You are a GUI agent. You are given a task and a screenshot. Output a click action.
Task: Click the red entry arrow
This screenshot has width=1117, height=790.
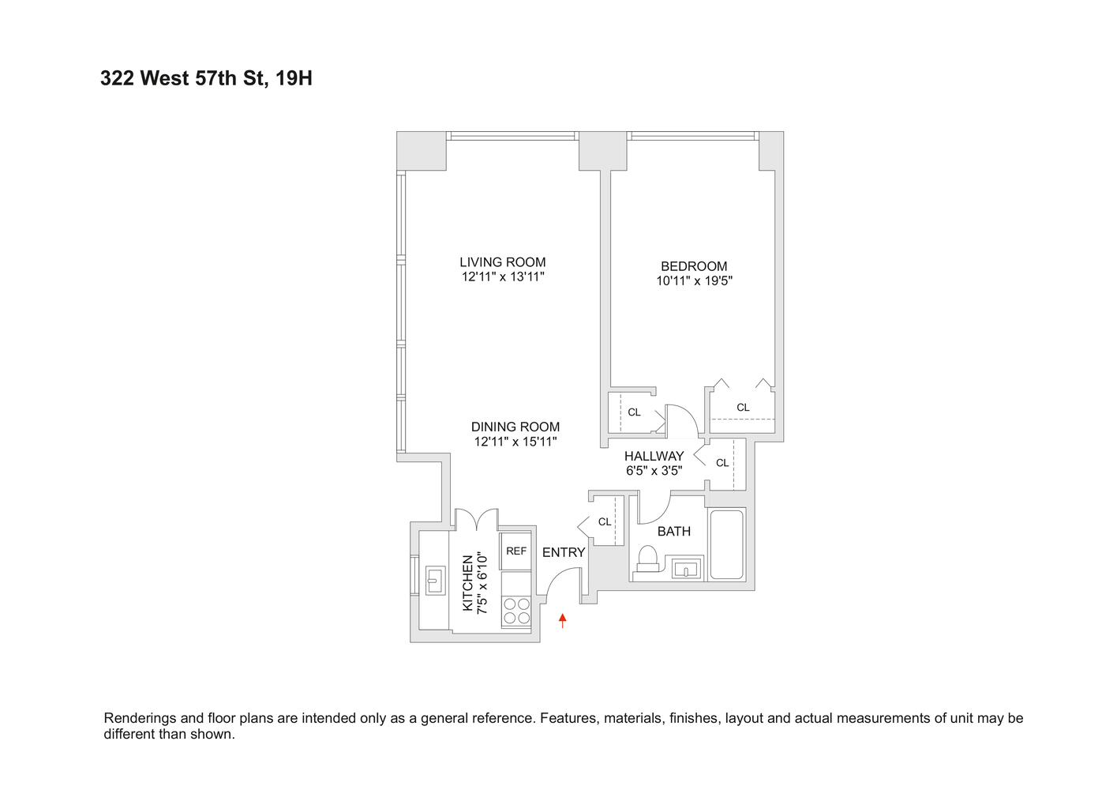[x=562, y=621]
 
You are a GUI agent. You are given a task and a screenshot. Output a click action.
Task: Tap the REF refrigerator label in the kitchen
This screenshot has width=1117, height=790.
[x=516, y=551]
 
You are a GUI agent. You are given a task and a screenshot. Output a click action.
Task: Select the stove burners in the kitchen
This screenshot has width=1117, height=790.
[x=516, y=611]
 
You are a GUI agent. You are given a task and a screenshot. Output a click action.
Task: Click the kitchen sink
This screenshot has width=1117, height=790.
[x=435, y=580]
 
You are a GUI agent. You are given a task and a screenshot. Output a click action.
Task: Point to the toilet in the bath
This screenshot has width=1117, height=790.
[x=647, y=559]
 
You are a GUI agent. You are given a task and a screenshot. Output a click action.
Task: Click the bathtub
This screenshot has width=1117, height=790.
[x=727, y=544]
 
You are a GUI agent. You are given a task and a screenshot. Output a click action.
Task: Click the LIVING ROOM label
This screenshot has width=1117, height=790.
[x=503, y=262]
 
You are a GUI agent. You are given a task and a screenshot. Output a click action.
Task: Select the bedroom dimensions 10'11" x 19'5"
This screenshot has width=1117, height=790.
[x=694, y=281]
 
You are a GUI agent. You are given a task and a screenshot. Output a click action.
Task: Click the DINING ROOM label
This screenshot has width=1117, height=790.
[x=515, y=427]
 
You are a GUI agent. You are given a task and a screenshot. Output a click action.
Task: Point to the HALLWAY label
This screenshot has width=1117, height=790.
[x=654, y=457]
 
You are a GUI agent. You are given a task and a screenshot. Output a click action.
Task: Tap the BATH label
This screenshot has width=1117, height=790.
[x=674, y=532]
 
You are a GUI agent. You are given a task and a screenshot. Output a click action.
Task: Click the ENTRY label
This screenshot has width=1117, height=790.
[x=564, y=553]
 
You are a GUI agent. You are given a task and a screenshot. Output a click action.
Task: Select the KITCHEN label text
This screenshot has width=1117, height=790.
[x=468, y=583]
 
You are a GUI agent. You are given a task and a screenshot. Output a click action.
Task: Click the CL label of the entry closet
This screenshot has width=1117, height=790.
[x=605, y=522]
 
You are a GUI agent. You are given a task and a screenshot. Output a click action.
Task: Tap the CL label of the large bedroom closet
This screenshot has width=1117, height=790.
[x=743, y=408]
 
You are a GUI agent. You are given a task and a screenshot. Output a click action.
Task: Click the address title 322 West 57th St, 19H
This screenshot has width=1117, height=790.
[x=206, y=78]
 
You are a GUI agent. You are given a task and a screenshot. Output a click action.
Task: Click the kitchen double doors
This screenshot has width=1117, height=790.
[x=476, y=519]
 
